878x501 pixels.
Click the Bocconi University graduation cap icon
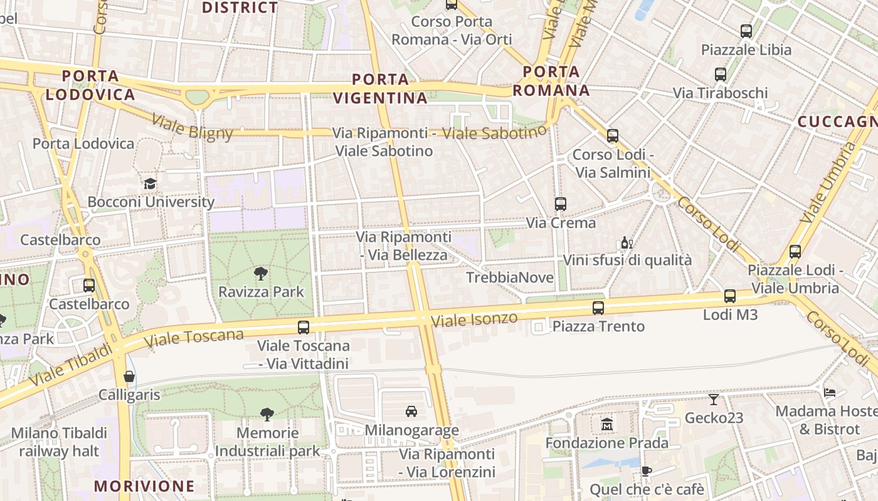(x=150, y=183)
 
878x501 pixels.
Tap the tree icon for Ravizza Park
(x=261, y=274)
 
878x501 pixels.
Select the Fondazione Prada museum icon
(x=606, y=425)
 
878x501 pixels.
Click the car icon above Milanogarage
(x=411, y=411)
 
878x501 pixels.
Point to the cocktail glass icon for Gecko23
(x=714, y=399)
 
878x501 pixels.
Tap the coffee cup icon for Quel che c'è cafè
(x=647, y=471)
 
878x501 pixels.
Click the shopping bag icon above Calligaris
(x=129, y=376)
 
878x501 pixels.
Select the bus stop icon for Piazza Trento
(x=598, y=307)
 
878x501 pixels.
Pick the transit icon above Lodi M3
(x=730, y=296)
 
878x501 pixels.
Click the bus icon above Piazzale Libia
(x=746, y=31)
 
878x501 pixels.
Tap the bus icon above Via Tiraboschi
(x=721, y=74)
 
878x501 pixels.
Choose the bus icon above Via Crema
(x=561, y=204)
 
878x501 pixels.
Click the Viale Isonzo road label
(x=475, y=320)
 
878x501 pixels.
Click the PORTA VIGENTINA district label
(x=380, y=88)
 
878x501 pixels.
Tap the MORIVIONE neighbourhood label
(x=144, y=486)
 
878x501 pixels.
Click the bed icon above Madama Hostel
(x=830, y=393)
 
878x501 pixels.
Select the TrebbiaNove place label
(x=510, y=277)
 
